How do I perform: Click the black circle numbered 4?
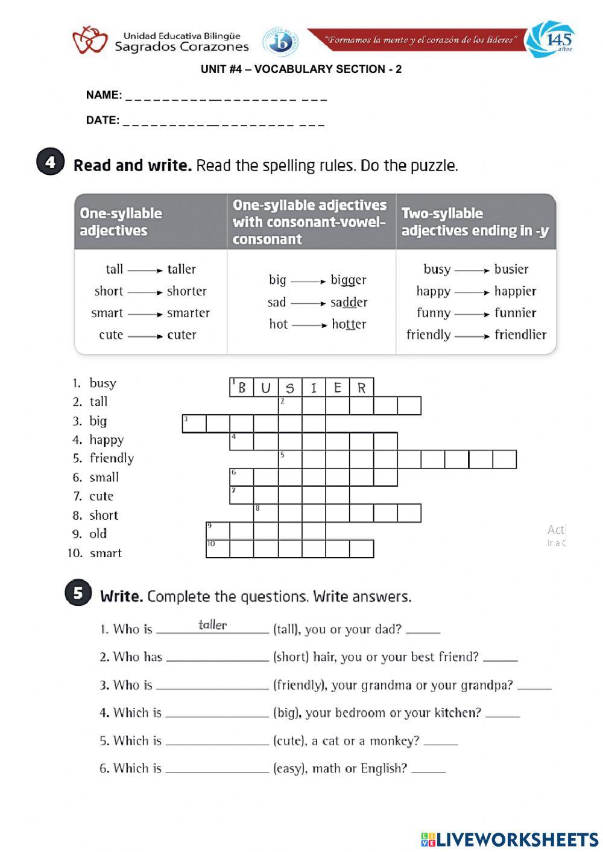click(50, 162)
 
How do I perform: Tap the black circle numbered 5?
click(78, 593)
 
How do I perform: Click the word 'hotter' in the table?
click(349, 324)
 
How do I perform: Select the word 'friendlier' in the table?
click(520, 335)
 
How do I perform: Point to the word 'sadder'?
click(349, 302)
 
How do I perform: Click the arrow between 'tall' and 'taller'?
click(145, 270)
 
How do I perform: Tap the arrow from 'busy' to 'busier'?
click(472, 270)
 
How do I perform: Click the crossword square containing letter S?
click(290, 387)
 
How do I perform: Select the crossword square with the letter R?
click(362, 387)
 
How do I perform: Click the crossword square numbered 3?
click(194, 423)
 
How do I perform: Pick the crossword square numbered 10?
click(218, 549)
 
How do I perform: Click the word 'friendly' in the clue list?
click(112, 458)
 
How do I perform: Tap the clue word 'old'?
click(98, 534)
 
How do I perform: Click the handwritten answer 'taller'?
click(213, 625)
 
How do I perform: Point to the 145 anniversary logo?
click(550, 40)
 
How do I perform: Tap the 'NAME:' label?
click(104, 95)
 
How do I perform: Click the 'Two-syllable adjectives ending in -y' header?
click(475, 222)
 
